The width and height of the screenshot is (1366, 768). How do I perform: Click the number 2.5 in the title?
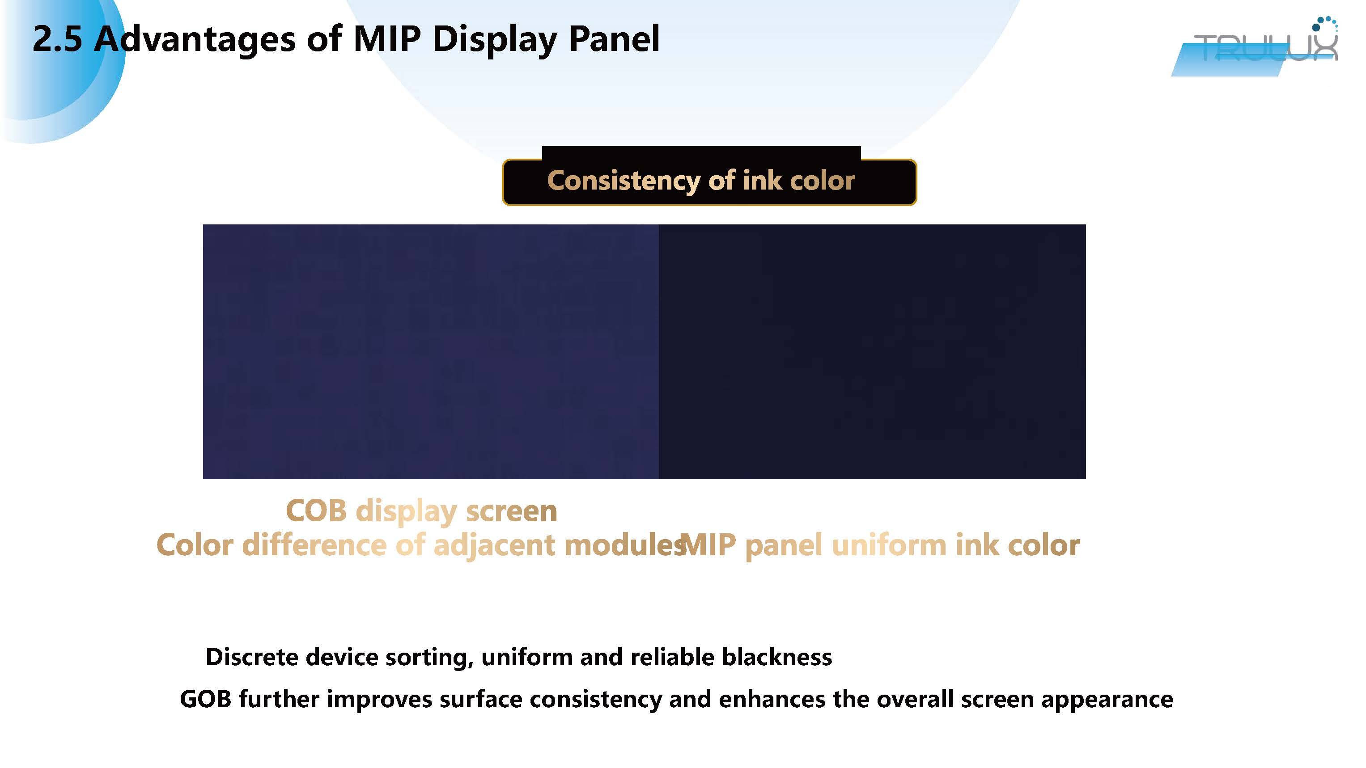tap(57, 39)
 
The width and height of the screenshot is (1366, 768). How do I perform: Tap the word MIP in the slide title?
tap(387, 39)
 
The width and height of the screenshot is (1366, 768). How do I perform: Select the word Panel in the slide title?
tap(615, 39)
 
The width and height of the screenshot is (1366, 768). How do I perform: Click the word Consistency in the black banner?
tap(624, 181)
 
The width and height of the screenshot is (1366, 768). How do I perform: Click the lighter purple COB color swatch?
tap(431, 351)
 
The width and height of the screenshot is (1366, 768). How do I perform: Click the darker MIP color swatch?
tap(872, 351)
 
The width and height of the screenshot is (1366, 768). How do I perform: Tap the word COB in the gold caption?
tap(317, 511)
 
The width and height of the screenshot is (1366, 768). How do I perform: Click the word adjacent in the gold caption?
tap(494, 546)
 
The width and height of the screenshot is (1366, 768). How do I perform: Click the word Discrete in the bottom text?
tap(252, 657)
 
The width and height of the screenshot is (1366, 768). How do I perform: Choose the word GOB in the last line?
tap(206, 699)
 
